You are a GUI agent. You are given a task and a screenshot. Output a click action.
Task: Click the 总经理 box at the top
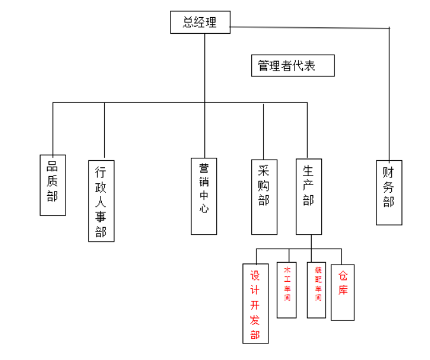coord(200,23)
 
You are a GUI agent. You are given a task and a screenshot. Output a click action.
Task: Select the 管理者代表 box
coord(293,66)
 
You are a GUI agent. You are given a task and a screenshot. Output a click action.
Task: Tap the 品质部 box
coord(52,184)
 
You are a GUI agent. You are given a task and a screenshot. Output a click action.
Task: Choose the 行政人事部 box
coord(101,200)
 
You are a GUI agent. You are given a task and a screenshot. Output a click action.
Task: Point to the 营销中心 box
coord(204,196)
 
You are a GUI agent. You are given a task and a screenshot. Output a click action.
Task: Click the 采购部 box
coord(264,197)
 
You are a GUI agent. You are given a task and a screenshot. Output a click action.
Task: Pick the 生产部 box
coord(309,197)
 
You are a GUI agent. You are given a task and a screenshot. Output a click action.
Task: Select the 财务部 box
coord(389,192)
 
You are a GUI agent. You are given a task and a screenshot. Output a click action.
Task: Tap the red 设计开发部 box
coord(255,303)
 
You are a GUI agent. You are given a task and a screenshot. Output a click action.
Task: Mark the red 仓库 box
coord(343,292)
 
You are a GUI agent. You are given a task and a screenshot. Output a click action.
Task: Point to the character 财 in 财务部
coord(389,172)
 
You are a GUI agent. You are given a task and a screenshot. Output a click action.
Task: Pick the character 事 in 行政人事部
coord(101,217)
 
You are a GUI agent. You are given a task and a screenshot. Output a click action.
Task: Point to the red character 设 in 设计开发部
coord(255,276)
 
